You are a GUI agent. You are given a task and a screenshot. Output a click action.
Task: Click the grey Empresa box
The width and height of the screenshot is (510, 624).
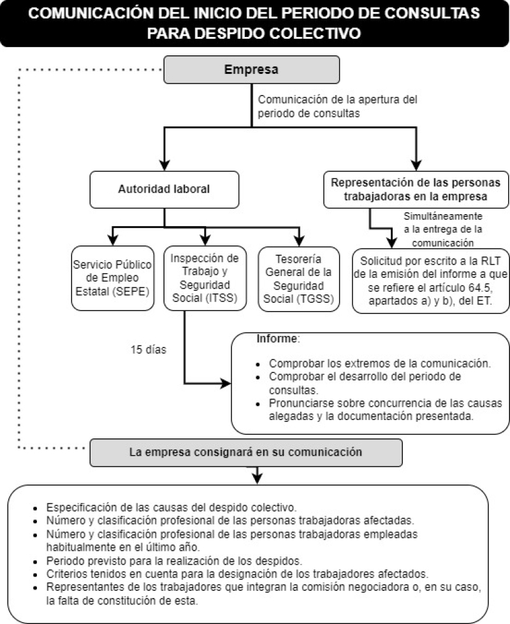click(x=251, y=69)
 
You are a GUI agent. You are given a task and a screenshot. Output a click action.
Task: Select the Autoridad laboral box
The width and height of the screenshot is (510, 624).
click(x=164, y=189)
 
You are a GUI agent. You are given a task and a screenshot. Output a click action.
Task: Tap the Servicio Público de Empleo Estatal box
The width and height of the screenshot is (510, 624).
click(x=113, y=279)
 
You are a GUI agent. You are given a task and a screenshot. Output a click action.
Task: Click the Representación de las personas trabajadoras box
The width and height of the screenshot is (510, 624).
click(x=416, y=189)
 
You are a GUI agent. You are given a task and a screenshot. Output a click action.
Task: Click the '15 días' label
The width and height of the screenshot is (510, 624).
click(x=149, y=349)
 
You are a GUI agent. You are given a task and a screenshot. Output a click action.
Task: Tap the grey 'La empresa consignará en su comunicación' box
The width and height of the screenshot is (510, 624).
click(x=246, y=452)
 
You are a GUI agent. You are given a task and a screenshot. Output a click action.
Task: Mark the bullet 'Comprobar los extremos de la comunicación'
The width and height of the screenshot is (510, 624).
click(x=379, y=364)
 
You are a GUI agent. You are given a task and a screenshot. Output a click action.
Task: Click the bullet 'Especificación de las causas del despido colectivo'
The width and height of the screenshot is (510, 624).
click(x=171, y=508)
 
